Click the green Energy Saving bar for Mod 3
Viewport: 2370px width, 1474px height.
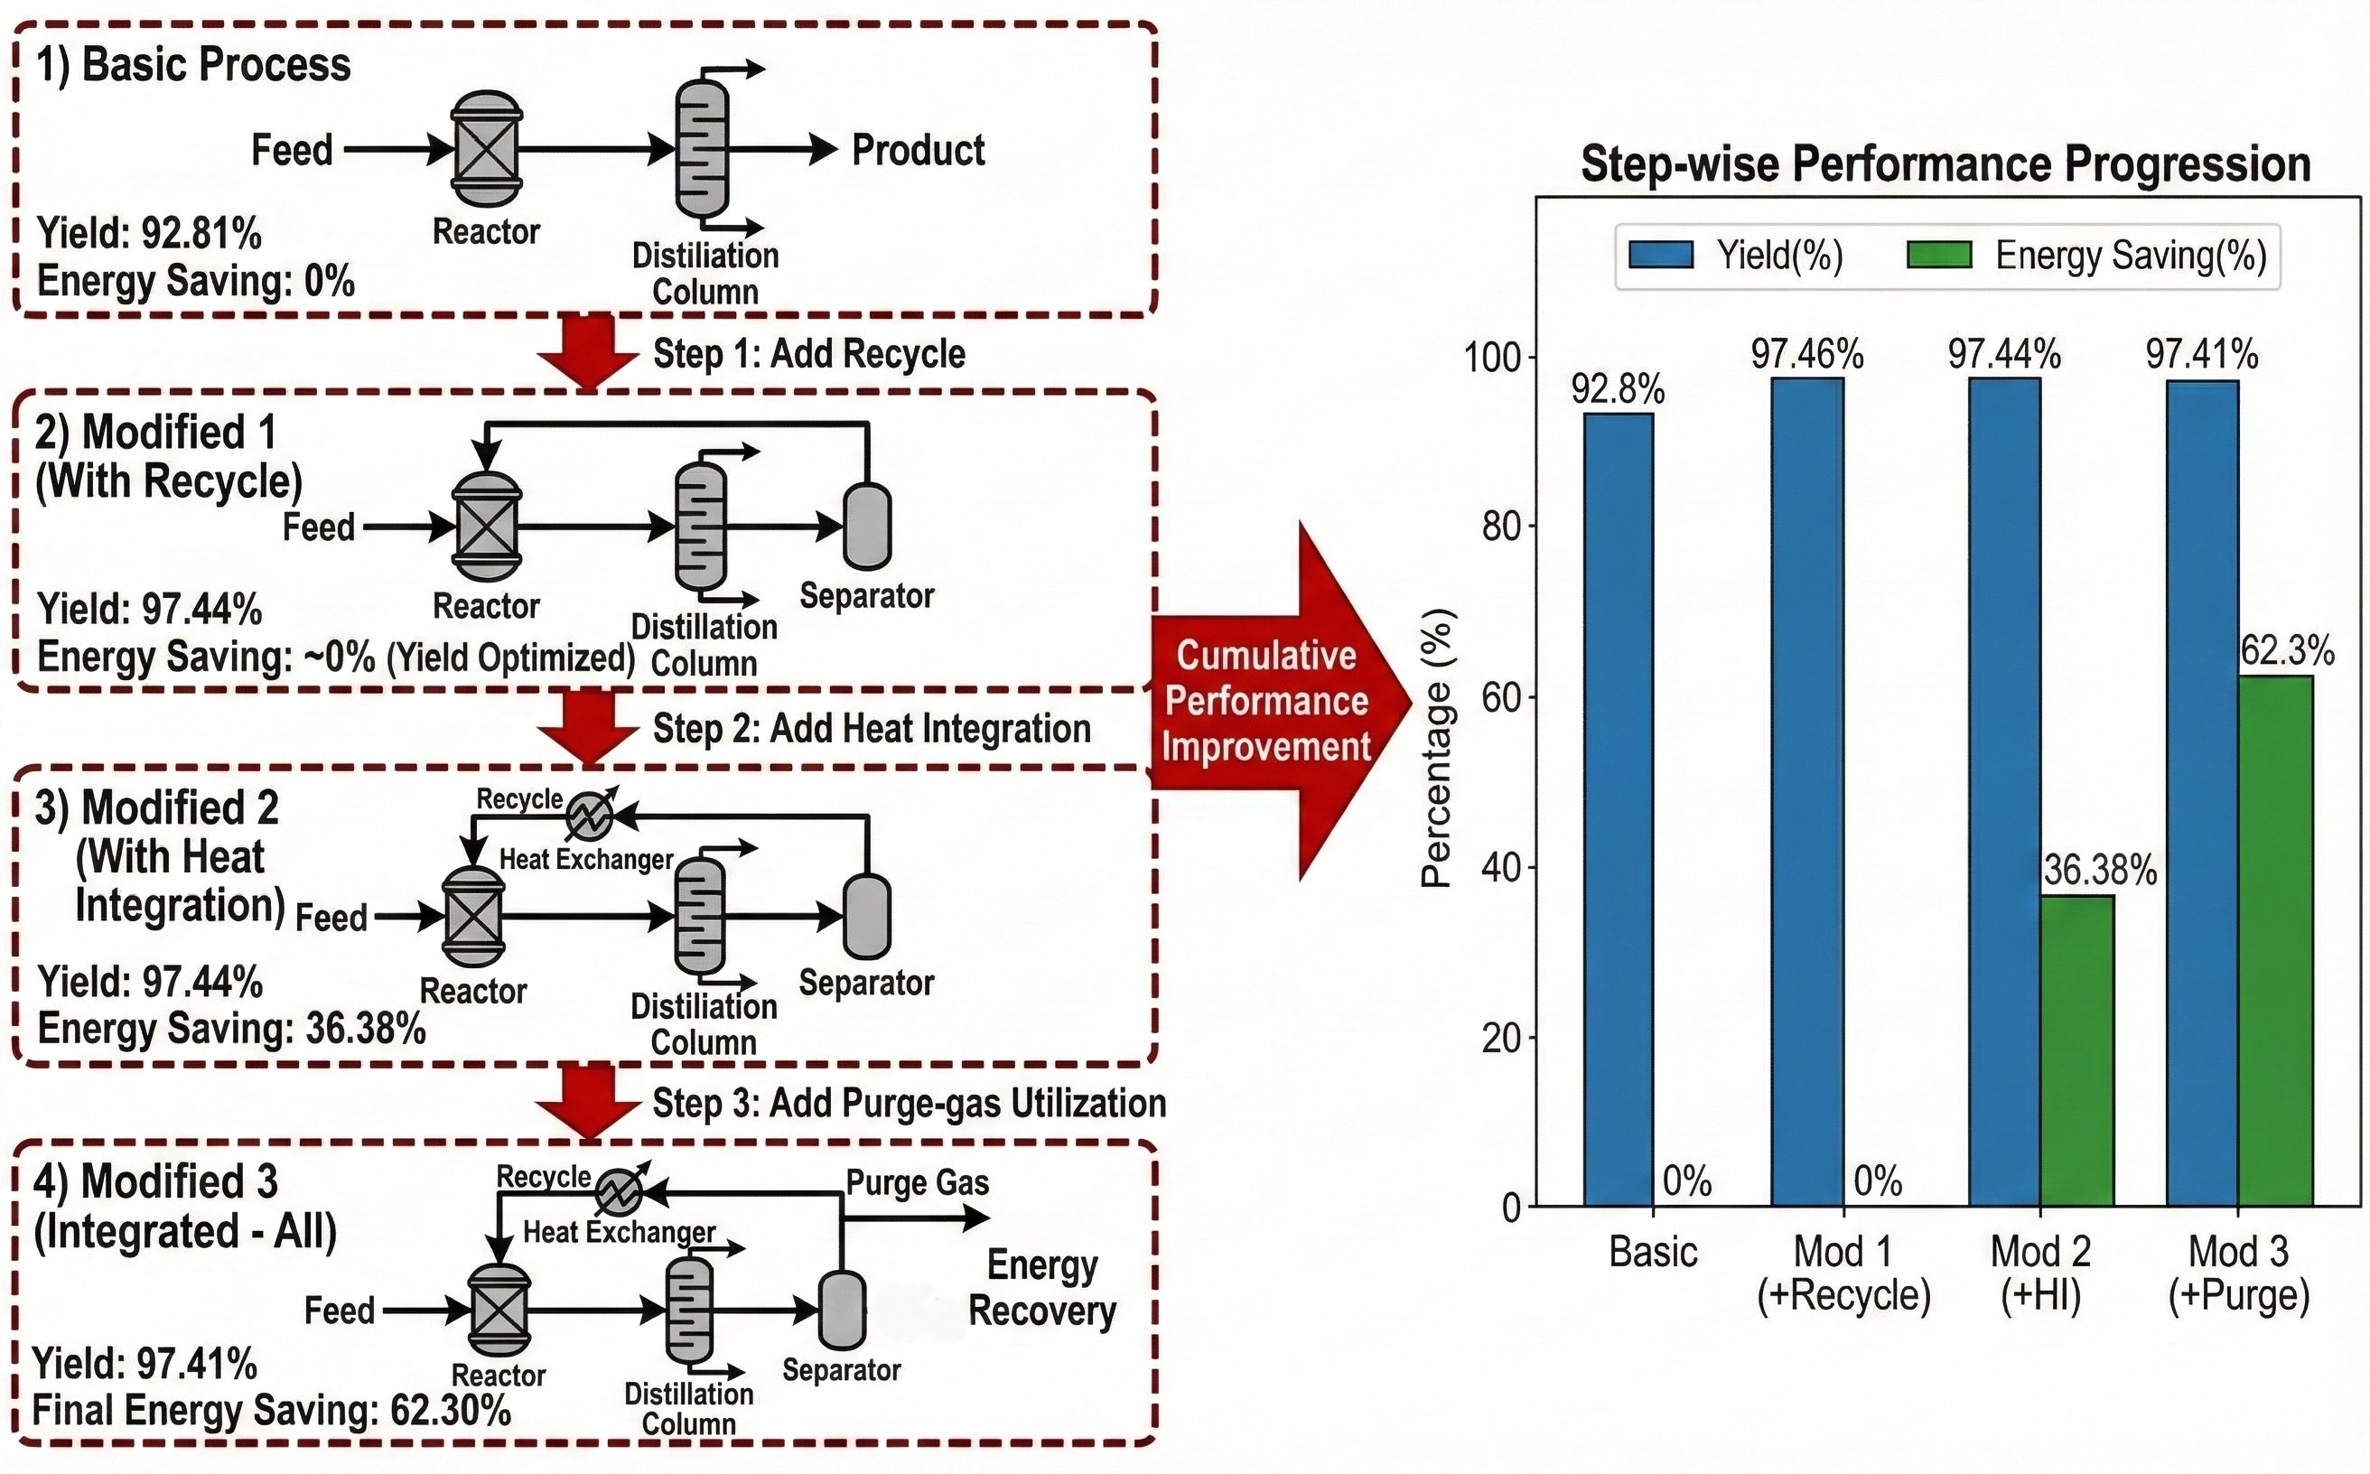2274,940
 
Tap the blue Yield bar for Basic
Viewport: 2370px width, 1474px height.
1619,809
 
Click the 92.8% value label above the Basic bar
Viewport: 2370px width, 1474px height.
1619,390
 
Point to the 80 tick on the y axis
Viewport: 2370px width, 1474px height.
1501,527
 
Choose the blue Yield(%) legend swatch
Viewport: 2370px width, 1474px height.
1661,256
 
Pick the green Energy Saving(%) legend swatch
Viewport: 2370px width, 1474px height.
1939,256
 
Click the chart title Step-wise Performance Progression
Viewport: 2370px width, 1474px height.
1945,163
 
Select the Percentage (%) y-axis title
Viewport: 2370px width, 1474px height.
1438,748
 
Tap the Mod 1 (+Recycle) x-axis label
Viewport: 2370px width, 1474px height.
1843,1273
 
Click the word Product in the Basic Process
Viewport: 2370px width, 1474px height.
919,150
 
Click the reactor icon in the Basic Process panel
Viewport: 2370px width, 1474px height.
487,149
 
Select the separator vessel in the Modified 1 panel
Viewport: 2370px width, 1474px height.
867,527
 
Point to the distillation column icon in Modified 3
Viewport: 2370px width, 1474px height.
688,1311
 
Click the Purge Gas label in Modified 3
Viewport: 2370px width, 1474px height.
918,1182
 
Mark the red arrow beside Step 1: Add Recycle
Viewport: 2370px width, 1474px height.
588,351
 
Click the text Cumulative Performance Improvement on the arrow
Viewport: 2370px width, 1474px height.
1265,701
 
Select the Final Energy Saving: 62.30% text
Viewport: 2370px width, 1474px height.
271,1411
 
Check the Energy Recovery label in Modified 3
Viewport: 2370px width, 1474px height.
1042,1288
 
